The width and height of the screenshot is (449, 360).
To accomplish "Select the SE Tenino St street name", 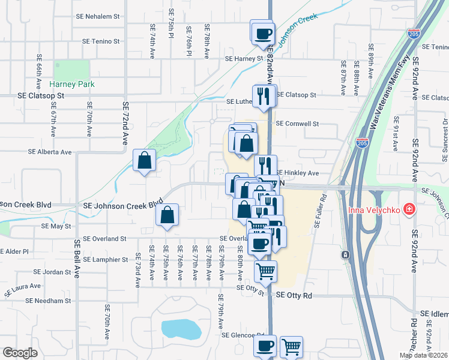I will pyautogui.click(x=101, y=41).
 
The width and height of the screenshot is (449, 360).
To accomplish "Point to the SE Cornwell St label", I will pyautogui.click(x=297, y=124).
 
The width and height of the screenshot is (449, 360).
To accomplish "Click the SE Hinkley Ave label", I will pyautogui.click(x=297, y=173).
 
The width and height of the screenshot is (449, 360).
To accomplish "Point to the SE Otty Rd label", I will pyautogui.click(x=295, y=296).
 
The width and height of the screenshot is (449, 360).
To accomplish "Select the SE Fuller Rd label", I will pyautogui.click(x=319, y=212).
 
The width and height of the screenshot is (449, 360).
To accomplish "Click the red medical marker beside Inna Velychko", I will pyautogui.click(x=409, y=209).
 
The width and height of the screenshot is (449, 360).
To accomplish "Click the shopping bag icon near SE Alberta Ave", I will pyautogui.click(x=144, y=160).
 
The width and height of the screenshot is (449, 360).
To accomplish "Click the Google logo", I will pyautogui.click(x=20, y=353).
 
